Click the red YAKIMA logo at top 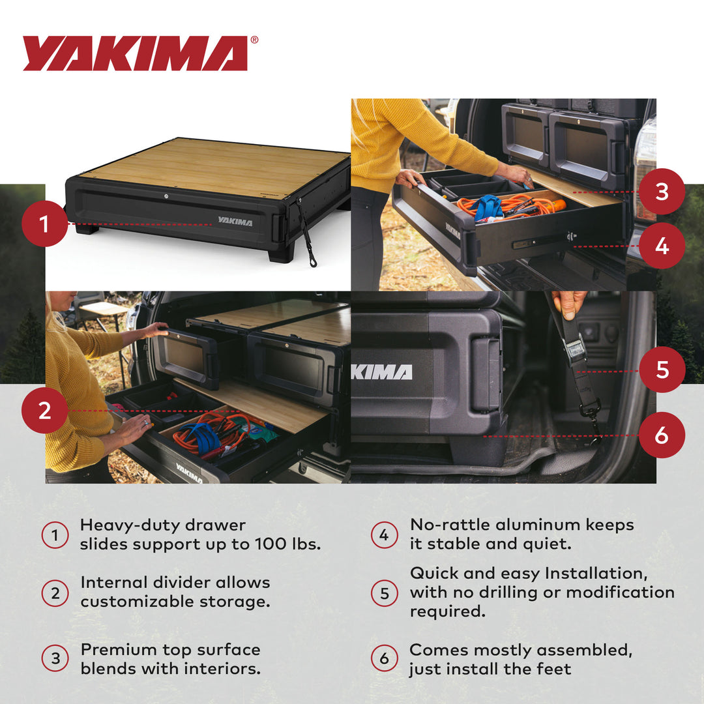(x=136, y=53)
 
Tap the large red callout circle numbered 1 (x=44, y=224)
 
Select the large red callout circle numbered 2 (x=44, y=411)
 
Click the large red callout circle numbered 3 (x=662, y=192)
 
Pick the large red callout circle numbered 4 (x=662, y=246)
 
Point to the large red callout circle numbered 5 (x=662, y=370)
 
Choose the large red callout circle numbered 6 (x=662, y=435)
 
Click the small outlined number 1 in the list (x=55, y=536)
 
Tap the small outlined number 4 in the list (x=384, y=535)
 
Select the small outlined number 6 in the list (x=384, y=659)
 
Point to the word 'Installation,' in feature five (x=600, y=574)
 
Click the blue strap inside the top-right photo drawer (x=488, y=207)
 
